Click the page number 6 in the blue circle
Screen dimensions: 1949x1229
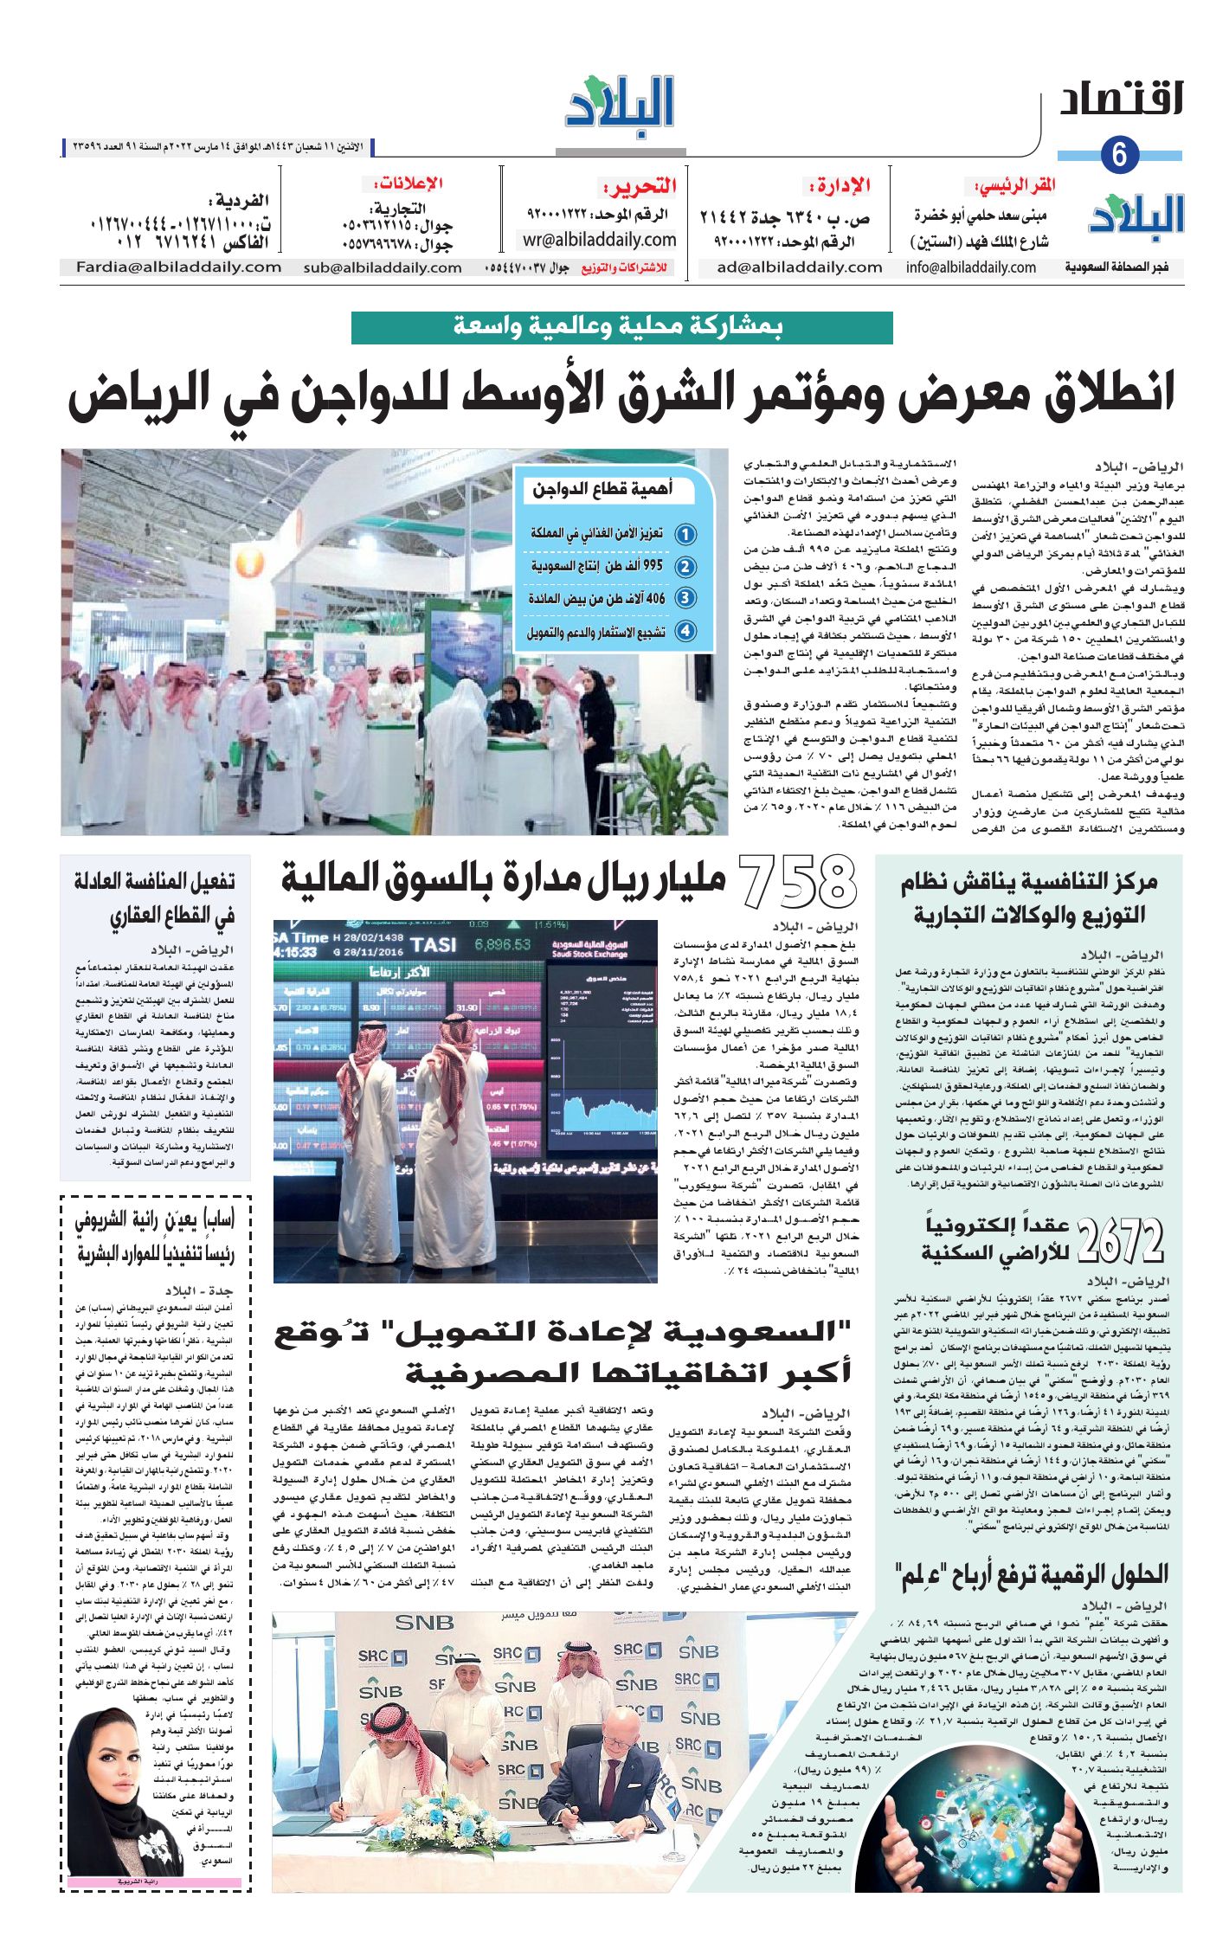tap(1120, 156)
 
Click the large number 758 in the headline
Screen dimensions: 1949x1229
tap(798, 881)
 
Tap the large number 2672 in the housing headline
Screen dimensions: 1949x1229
tap(1122, 1240)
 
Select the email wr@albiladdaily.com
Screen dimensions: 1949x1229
tap(599, 240)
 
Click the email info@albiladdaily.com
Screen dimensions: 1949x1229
tap(970, 267)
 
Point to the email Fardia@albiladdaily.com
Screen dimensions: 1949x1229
tap(178, 267)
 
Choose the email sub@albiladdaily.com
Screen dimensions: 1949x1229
tap(382, 267)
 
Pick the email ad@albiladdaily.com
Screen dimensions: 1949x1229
tap(799, 267)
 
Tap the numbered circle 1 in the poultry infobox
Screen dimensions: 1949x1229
tap(685, 534)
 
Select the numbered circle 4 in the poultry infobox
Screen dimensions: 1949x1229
tap(685, 631)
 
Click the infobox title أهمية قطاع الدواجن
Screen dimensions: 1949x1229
tap(602, 490)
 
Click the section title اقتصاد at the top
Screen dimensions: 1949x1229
tap(1121, 100)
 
